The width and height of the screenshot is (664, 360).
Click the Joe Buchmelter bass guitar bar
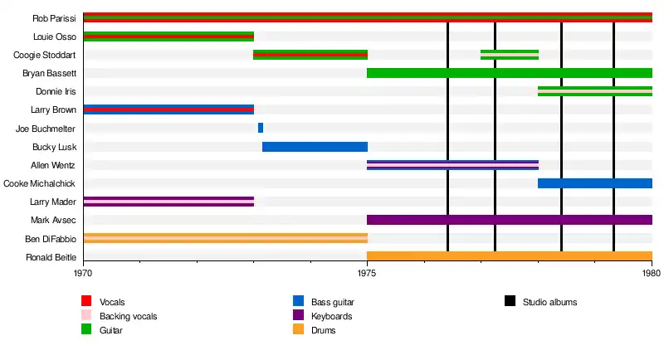[x=261, y=128]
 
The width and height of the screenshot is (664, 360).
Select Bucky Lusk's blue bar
[x=315, y=147]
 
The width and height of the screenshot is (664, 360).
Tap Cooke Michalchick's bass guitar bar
[x=594, y=183]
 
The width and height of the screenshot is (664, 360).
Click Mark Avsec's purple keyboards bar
[x=509, y=220]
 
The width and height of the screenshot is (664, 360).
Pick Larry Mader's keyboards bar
[x=168, y=202]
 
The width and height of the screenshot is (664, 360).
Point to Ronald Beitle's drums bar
[x=509, y=256]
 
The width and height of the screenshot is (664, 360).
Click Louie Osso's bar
[x=168, y=36]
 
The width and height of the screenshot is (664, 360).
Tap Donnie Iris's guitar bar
[x=594, y=91]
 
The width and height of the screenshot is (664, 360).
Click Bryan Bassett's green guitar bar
[x=509, y=73]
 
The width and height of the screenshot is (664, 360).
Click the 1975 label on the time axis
[x=367, y=271]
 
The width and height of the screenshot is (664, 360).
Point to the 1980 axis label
[x=652, y=271]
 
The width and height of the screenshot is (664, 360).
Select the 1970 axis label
[x=83, y=271]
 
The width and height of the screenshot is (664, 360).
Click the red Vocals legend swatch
[x=86, y=301]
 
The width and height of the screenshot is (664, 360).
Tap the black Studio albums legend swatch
[x=510, y=301]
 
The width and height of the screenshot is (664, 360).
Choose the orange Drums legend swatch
[x=298, y=330]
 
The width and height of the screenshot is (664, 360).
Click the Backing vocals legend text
[x=128, y=316]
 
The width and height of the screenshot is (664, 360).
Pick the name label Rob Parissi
[x=54, y=18]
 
